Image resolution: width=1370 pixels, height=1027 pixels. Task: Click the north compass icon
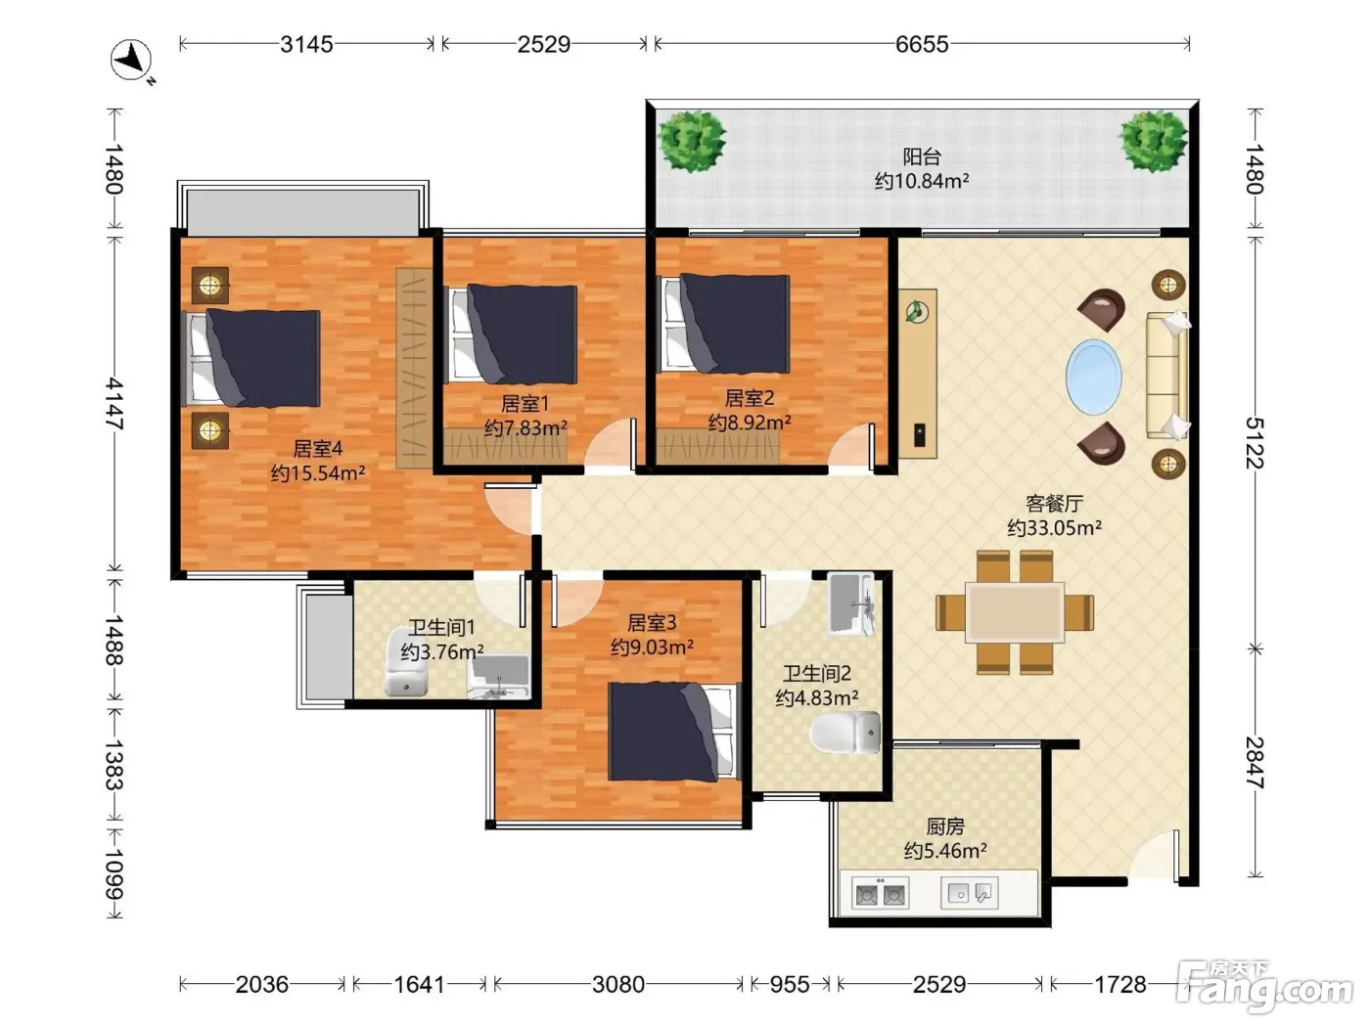pyautogui.click(x=131, y=61)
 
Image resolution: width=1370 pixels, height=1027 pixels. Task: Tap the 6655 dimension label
pyautogui.click(x=921, y=44)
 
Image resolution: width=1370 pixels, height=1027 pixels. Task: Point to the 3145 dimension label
pyautogui.click(x=306, y=44)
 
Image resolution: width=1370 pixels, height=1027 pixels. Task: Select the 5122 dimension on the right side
pyautogui.click(x=1255, y=442)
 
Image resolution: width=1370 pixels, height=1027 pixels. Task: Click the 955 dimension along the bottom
pyautogui.click(x=790, y=984)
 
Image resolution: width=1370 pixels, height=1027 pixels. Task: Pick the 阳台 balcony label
pyautogui.click(x=921, y=156)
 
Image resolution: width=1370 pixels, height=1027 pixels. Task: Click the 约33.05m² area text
pyautogui.click(x=1054, y=528)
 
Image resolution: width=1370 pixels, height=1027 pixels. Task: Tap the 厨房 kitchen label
pyautogui.click(x=945, y=826)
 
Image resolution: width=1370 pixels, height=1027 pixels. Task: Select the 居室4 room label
pyautogui.click(x=318, y=448)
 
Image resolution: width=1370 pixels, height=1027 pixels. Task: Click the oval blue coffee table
pyautogui.click(x=1093, y=377)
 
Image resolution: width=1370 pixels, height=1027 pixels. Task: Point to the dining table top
pyautogui.click(x=1014, y=611)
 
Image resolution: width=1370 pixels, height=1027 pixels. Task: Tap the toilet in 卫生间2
pyautogui.click(x=845, y=732)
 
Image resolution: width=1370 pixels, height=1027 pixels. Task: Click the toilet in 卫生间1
pyautogui.click(x=406, y=662)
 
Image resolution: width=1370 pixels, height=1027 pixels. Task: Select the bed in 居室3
pyautogui.click(x=674, y=731)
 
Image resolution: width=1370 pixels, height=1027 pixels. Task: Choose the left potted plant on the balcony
pyautogui.click(x=692, y=140)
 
